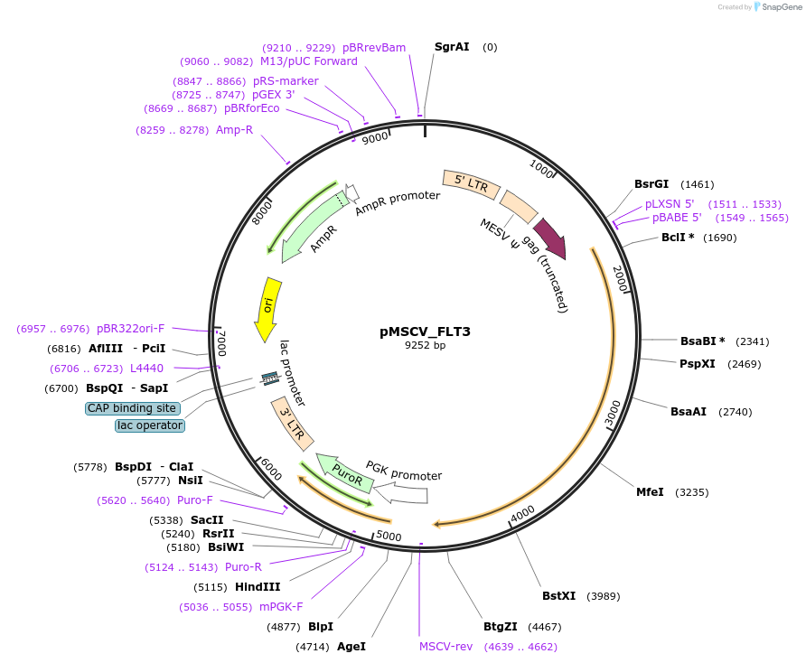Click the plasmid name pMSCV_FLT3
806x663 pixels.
pos(425,331)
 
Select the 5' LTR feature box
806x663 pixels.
pos(471,183)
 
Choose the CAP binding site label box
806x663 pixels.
pos(132,408)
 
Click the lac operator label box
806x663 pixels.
pos(150,425)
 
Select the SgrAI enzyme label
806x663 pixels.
pos(452,47)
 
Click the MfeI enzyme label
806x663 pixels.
pos(650,492)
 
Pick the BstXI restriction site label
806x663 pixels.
pos(558,596)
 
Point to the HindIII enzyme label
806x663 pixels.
pos(258,587)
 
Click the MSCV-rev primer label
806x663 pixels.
pos(445,647)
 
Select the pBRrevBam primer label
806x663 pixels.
pos(374,47)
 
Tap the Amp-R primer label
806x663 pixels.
pos(234,130)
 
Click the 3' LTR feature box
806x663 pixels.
pos(294,427)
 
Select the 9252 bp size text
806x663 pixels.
pos(425,346)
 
